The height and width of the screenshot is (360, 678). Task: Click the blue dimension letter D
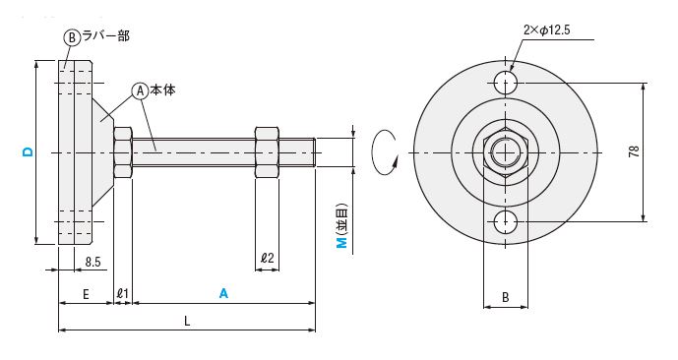point(28,151)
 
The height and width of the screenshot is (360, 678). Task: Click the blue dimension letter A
point(223,293)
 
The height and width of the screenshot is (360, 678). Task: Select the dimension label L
point(187,321)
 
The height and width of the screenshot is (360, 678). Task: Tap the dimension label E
point(86,294)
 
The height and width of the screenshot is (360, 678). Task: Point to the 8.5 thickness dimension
point(92,262)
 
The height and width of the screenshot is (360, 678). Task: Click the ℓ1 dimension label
point(123,293)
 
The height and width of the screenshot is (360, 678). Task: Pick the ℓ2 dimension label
point(268,258)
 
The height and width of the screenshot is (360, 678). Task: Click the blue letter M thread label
point(342,243)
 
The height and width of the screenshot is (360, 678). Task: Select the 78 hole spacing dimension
point(634,151)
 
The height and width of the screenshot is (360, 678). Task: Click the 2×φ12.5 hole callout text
point(546,30)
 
